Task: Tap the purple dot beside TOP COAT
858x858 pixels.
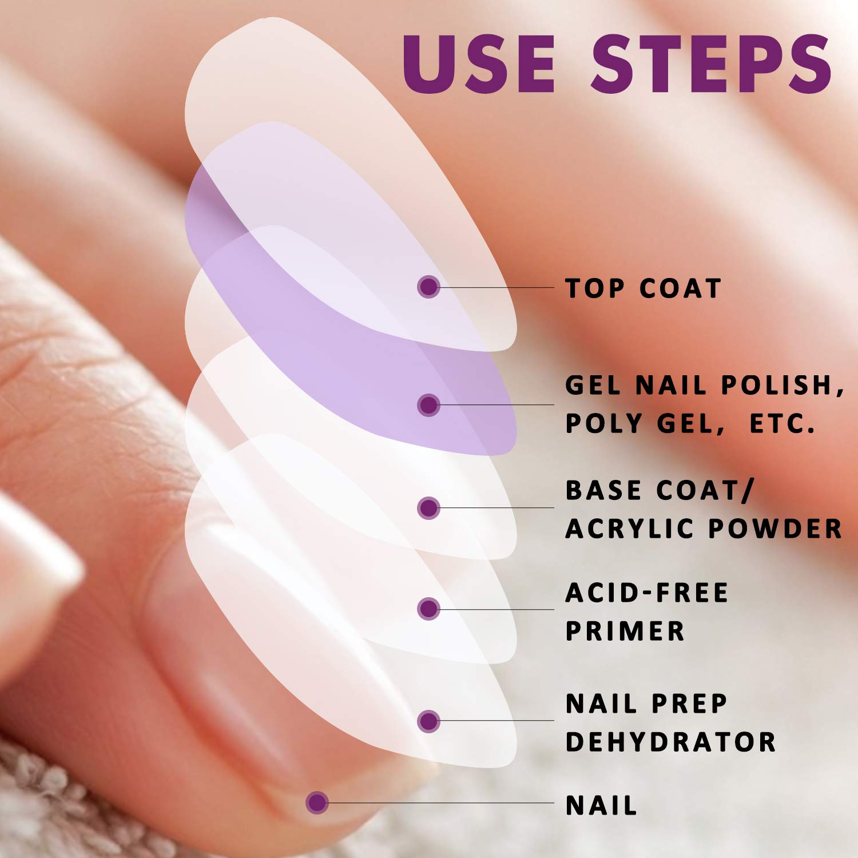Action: coord(428,287)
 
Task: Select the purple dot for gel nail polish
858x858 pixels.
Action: coord(428,405)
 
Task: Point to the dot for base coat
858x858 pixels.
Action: coord(428,508)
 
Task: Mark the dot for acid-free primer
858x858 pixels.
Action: coord(428,609)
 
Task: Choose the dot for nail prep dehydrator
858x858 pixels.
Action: coord(428,721)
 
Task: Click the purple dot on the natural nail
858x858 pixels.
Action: coord(317,803)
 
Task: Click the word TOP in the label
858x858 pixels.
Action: coord(593,288)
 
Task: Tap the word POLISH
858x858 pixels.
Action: coord(781,386)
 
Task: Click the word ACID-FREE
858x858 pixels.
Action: coord(647,593)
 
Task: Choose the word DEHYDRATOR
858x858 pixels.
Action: coord(670,742)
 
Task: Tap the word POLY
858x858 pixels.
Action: coord(603,424)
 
